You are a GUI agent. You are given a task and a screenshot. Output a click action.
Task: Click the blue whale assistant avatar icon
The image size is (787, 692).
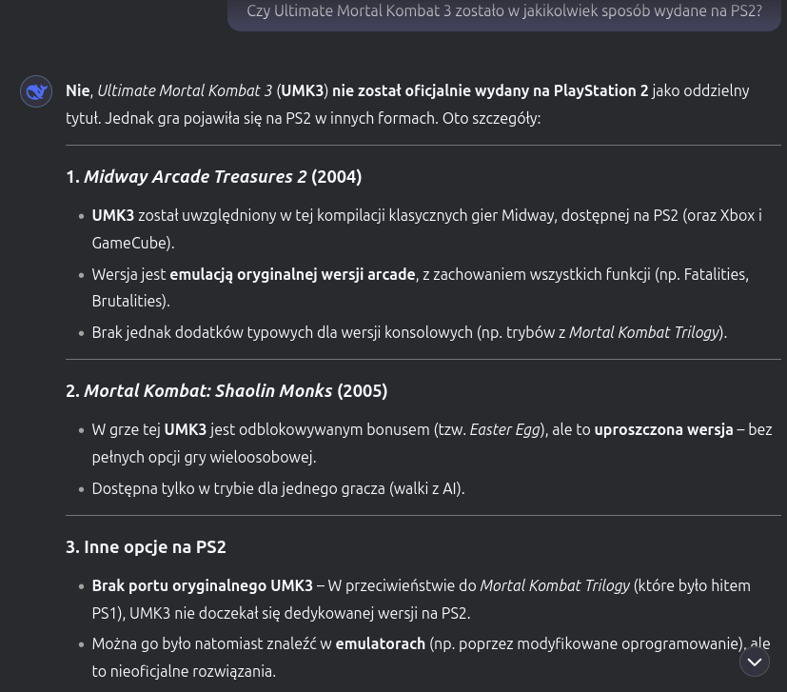click(36, 91)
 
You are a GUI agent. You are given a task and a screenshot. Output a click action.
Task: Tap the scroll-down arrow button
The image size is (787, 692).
click(754, 662)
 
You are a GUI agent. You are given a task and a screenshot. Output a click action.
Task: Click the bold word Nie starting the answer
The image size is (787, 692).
click(77, 91)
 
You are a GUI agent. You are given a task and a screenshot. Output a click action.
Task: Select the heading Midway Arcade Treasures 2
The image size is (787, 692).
click(195, 177)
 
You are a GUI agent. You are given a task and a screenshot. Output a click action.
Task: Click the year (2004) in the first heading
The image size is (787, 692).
click(337, 177)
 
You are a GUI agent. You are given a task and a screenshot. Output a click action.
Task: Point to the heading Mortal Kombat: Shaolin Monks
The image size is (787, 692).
click(207, 391)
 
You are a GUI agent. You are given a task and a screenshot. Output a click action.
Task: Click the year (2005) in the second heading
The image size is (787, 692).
click(363, 391)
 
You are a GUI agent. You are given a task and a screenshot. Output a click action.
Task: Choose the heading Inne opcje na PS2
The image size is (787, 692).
click(146, 547)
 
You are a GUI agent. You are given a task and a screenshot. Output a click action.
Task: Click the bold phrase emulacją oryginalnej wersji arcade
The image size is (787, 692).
click(292, 275)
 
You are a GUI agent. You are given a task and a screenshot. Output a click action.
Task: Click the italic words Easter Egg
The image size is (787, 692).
click(504, 430)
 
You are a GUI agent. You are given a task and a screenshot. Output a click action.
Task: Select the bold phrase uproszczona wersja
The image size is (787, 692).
click(663, 430)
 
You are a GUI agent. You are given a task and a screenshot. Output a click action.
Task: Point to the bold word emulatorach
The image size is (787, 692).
click(380, 644)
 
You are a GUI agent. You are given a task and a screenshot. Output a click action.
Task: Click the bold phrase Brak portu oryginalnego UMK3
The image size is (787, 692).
click(202, 586)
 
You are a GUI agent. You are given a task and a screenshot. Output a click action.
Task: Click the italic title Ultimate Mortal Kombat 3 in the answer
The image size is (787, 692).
click(185, 91)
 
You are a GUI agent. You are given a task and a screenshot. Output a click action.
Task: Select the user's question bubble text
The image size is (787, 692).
click(504, 11)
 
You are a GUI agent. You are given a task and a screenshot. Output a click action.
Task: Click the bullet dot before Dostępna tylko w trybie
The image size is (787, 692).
click(81, 490)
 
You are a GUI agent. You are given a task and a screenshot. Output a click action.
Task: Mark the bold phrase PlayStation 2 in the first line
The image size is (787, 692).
click(600, 91)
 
